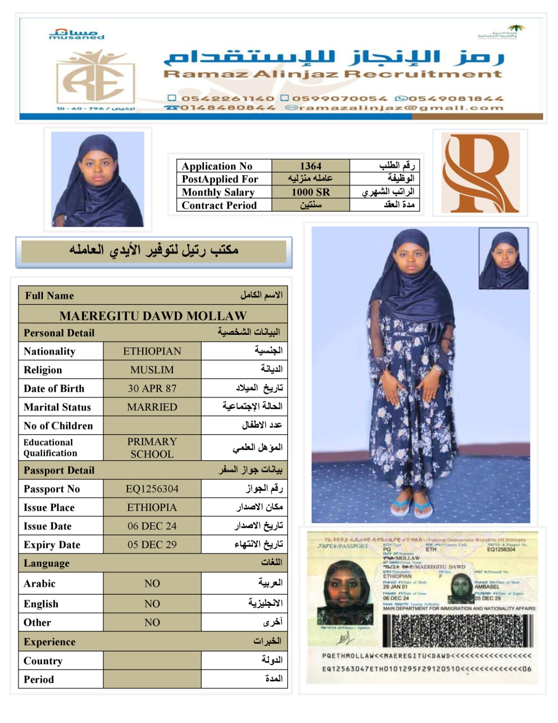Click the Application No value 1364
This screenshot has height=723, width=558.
coord(311,166)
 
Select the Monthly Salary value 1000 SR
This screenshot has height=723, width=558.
coord(311,192)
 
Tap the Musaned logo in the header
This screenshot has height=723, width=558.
coord(76,34)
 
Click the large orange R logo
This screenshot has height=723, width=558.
coord(480,173)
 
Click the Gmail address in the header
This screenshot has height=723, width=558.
coord(395,108)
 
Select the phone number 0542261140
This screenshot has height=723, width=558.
coord(228,99)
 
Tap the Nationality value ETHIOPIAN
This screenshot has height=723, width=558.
coord(152,351)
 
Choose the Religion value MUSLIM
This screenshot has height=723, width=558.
coord(152,370)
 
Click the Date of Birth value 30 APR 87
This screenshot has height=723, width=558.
coord(152,388)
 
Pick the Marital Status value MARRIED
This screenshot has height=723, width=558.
coord(152,407)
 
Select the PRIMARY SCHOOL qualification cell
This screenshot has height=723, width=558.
coord(152,447)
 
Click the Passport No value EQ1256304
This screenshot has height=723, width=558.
coord(152,488)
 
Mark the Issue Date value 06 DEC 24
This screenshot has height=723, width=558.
coord(152,526)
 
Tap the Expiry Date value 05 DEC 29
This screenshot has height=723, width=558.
coord(152,544)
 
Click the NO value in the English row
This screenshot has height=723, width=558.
coord(152,603)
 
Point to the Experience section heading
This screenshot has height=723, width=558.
coord(50,642)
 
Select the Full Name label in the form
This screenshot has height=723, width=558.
coord(50,296)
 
